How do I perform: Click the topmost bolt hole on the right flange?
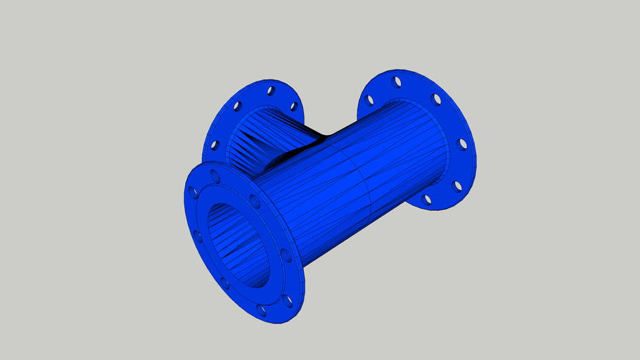[x=397, y=82]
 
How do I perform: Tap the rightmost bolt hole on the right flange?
[x=462, y=144]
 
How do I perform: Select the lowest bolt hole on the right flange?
[x=426, y=199]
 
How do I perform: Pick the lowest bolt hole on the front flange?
[x=262, y=310]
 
